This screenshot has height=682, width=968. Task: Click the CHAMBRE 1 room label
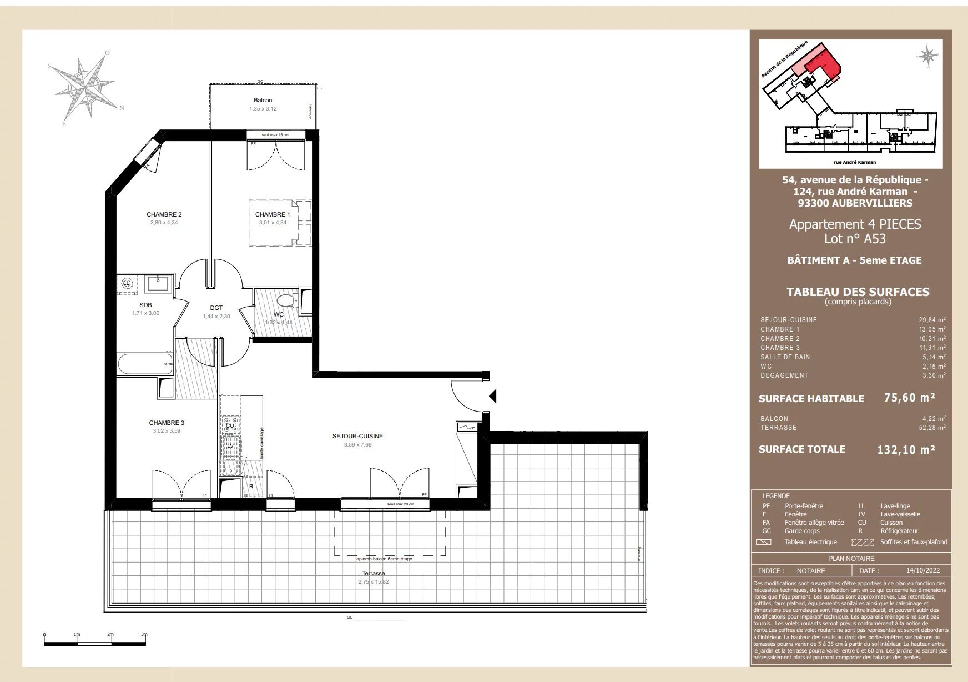tap(272, 214)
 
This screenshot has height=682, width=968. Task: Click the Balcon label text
tap(263, 101)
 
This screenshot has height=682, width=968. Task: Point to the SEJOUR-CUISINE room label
tap(357, 437)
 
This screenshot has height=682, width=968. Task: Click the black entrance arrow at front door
tap(492, 396)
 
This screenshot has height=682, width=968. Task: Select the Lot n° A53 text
tap(855, 239)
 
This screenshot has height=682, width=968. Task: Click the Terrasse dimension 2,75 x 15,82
tap(373, 582)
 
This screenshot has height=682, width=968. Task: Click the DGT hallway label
tap(216, 308)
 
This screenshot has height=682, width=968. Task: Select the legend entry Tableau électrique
tap(810, 542)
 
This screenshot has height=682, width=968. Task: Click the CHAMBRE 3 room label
tap(166, 423)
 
